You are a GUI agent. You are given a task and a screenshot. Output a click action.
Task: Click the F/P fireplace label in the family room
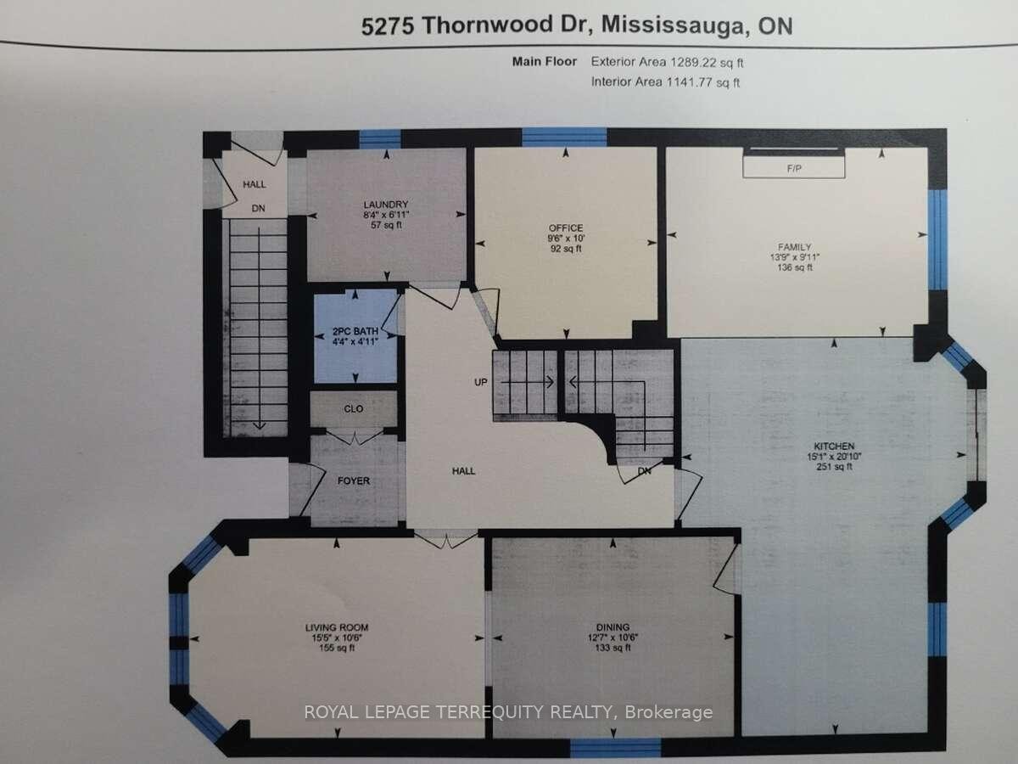pyautogui.click(x=794, y=168)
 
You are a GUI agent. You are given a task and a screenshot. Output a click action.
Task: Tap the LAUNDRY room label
pyautogui.click(x=387, y=205)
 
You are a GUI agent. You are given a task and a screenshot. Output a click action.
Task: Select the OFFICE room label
pyautogui.click(x=565, y=228)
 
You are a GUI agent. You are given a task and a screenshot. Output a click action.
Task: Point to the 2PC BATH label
pyautogui.click(x=355, y=331)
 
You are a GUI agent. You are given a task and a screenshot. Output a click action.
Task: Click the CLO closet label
pyautogui.click(x=354, y=409)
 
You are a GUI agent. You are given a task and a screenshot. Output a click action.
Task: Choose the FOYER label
pyautogui.click(x=354, y=480)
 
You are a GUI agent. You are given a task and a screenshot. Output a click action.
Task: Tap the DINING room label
pyautogui.click(x=612, y=627)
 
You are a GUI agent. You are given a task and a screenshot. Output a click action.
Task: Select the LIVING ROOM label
pyautogui.click(x=337, y=627)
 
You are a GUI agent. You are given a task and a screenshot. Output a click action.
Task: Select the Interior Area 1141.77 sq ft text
pyautogui.click(x=667, y=82)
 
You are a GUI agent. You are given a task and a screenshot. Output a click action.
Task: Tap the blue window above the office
pyautogui.click(x=564, y=138)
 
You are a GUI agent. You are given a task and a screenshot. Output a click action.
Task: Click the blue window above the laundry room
pyautogui.click(x=379, y=138)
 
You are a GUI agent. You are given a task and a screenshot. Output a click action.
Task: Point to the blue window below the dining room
pyautogui.click(x=614, y=748)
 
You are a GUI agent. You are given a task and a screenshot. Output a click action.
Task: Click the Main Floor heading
pyautogui.click(x=544, y=62)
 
